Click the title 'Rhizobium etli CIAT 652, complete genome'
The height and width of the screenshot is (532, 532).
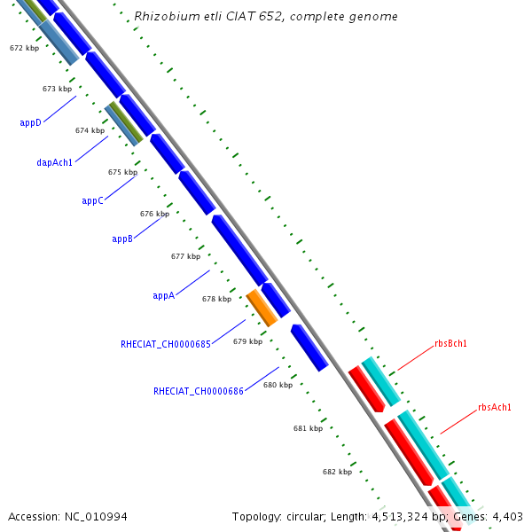coord(265,17)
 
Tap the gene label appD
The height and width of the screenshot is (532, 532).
coord(31,122)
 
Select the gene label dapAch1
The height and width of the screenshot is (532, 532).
coord(55,162)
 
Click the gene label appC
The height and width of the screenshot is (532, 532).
coord(93,200)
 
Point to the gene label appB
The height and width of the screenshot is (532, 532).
coord(122,239)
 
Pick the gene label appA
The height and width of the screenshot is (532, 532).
coord(163,295)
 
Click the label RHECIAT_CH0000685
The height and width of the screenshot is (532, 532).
coord(166,343)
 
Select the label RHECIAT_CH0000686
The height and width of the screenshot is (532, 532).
coord(199,390)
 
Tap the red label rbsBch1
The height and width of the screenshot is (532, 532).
coord(450,343)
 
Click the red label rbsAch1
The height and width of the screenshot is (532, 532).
coord(495,407)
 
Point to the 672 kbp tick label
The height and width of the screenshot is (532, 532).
coord(24,48)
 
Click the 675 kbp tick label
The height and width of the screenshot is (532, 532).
coord(122,172)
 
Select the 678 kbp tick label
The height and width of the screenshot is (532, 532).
coord(216,299)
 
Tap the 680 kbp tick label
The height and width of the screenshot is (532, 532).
coord(278,385)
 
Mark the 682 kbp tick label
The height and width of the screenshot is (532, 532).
coord(337,472)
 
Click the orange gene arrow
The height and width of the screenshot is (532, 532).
coord(262,307)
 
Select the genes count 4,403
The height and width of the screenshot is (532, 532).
coord(507,516)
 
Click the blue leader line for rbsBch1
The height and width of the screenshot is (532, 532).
coord(413,357)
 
